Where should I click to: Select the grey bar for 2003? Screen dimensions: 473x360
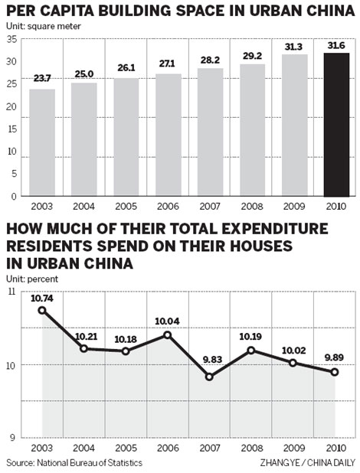coord(42,142)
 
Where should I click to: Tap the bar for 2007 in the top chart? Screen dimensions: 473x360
coord(211,132)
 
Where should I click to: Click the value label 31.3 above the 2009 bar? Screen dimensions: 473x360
coord(294,47)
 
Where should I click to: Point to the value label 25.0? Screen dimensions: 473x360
coord(84,75)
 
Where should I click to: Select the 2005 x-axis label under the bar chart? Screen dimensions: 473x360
coord(126,207)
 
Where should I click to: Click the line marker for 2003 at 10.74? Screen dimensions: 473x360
coord(42,310)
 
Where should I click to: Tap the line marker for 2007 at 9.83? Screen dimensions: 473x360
coord(210,377)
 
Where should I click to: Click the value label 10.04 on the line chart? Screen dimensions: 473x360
coord(169,321)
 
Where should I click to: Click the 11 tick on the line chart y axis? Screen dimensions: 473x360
coord(11,292)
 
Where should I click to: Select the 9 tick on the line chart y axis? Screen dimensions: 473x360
coord(13,437)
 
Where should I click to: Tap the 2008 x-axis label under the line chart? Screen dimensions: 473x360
coord(253,449)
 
